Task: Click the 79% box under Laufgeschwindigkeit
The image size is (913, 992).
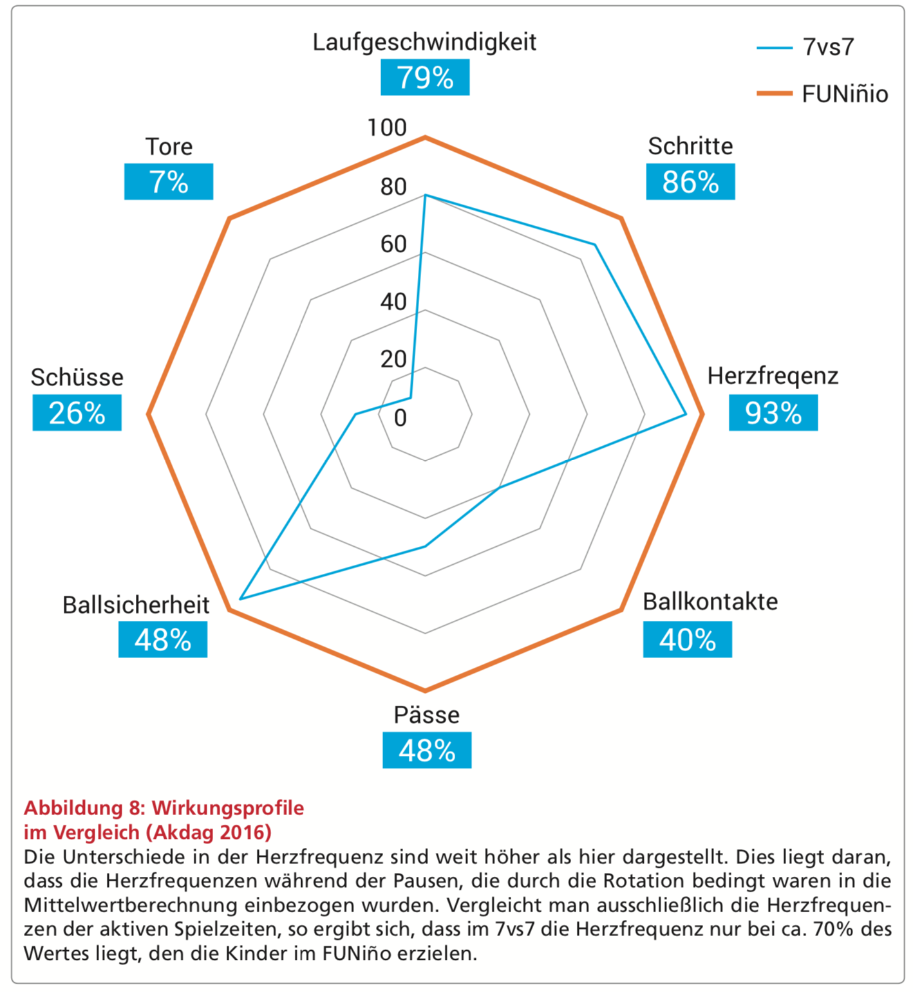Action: click(x=425, y=77)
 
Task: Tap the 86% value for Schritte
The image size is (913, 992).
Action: click(x=690, y=182)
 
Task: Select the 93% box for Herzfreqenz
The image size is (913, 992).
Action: click(x=773, y=413)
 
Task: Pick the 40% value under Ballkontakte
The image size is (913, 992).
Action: click(x=687, y=639)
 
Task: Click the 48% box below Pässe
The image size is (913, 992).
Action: click(x=427, y=750)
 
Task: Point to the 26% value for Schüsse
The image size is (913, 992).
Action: click(x=77, y=413)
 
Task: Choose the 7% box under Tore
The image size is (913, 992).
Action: click(x=169, y=182)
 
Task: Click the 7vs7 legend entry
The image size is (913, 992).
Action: click(x=827, y=47)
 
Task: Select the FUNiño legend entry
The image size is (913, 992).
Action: click(x=844, y=94)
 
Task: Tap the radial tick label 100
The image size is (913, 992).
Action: click(x=387, y=128)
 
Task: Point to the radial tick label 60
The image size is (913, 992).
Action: click(x=393, y=244)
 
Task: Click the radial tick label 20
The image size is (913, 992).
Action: click(x=393, y=359)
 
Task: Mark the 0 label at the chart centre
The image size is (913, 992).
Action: click(x=400, y=418)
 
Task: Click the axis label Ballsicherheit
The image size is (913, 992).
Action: click(x=136, y=605)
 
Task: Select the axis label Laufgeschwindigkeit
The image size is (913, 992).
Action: click(x=424, y=42)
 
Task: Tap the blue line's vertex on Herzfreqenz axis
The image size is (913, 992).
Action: click(x=686, y=415)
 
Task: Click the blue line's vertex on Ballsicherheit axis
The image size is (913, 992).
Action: click(x=240, y=599)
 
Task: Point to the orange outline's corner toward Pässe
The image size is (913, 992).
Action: click(x=425, y=690)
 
